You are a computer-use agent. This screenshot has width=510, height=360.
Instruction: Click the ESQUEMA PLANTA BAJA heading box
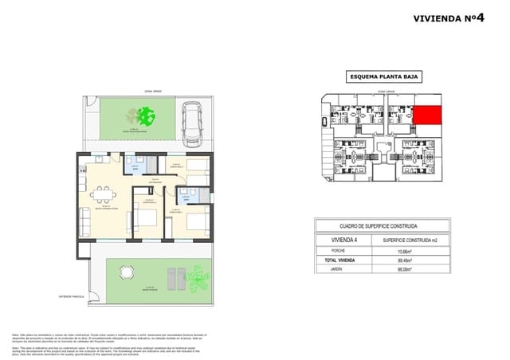(x=383, y=77)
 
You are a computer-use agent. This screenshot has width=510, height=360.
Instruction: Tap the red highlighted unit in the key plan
(x=428, y=115)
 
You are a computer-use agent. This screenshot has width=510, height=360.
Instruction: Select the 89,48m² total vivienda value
(x=407, y=260)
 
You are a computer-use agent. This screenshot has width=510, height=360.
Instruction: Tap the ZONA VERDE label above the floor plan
(x=152, y=92)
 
